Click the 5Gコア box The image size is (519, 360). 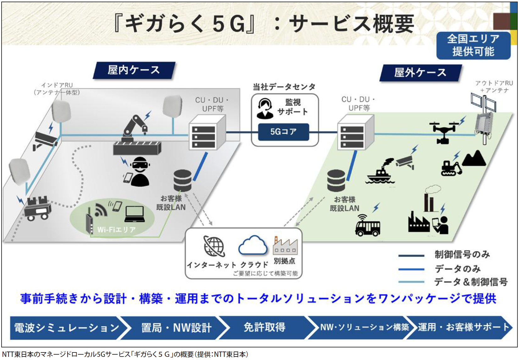pyautogui.click(x=283, y=132)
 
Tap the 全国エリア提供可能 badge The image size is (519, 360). pyautogui.click(x=473, y=45)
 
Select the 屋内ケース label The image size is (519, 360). pyautogui.click(x=134, y=70)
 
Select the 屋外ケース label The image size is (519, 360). pyautogui.click(x=420, y=73)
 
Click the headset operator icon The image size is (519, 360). pyautogui.click(x=265, y=108)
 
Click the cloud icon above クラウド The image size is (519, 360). pyautogui.click(x=253, y=245)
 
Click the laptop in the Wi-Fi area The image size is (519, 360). pyautogui.click(x=135, y=214)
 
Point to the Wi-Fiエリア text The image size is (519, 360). pyautogui.click(x=116, y=230)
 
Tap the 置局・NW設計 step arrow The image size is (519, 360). pyautogui.click(x=176, y=328)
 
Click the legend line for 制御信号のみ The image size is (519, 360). pyautogui.click(x=411, y=256)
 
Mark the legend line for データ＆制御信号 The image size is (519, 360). pyautogui.click(x=411, y=282)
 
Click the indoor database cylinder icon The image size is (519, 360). pyautogui.click(x=182, y=180)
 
